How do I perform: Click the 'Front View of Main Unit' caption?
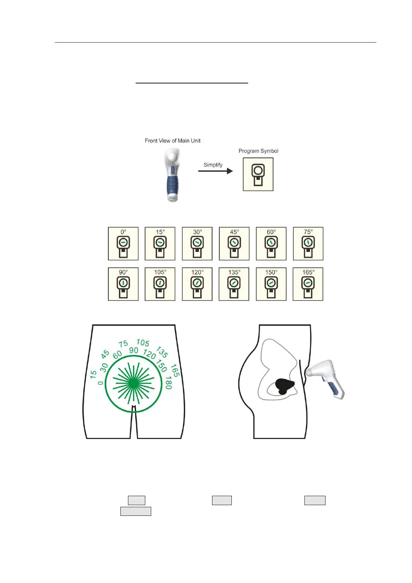pos(172,141)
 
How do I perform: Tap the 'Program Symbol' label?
pos(258,151)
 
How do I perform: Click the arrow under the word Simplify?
pos(215,171)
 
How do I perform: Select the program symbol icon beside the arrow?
pos(258,174)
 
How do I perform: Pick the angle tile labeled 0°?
pos(123,244)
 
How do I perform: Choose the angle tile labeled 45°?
pos(234,244)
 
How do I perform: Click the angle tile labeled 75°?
pos(308,244)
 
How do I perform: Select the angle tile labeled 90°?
pos(123,284)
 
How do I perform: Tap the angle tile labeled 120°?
pos(197,284)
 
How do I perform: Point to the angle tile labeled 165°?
pos(308,284)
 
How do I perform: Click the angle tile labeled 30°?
pos(197,244)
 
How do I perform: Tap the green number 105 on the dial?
pos(143,343)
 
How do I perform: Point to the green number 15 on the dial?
pos(93,374)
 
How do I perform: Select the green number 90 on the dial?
pos(134,350)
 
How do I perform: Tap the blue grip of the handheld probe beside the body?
pos(333,388)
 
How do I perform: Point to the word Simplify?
pos(213,165)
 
